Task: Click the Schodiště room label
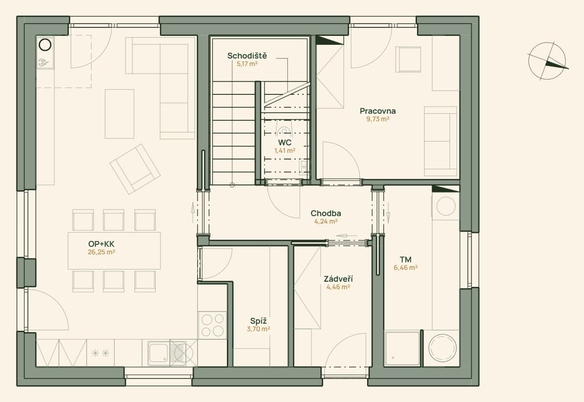(247, 56)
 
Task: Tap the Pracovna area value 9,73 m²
(378, 119)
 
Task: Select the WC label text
(284, 142)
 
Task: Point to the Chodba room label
(325, 213)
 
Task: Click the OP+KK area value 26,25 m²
(101, 252)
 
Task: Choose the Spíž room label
(258, 321)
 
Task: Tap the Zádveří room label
(338, 279)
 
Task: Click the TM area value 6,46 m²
(405, 268)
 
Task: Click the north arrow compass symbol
(547, 61)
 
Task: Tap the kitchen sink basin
(158, 353)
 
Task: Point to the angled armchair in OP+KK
(135, 169)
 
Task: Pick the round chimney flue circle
(45, 44)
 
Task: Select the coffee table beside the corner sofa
(119, 114)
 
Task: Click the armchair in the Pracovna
(408, 59)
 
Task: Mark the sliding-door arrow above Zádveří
(346, 236)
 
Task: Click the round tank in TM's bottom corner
(442, 348)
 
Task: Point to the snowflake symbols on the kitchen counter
(100, 353)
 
